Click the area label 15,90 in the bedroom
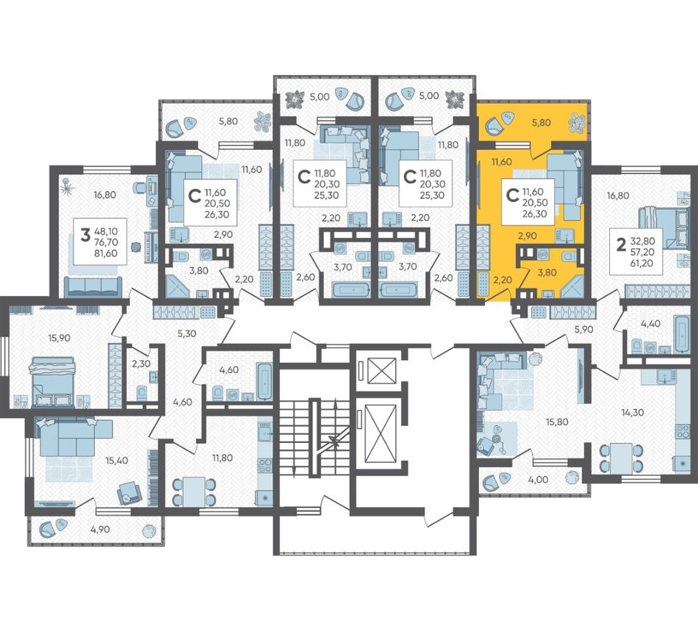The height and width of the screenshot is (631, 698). tap(60, 338)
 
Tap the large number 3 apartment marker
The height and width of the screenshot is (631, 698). tap(85, 234)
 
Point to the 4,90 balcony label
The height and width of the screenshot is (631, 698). tap(100, 530)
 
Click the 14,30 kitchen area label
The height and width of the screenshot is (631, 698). tap(633, 413)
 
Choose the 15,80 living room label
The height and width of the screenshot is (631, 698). tap(557, 422)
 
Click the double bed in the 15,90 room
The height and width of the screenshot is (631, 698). tap(51, 382)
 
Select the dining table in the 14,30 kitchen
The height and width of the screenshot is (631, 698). tap(621, 459)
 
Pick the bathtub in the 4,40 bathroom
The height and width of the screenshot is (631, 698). tap(682, 333)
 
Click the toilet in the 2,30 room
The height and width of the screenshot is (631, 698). tap(142, 392)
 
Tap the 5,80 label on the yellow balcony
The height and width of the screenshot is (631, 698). tap(542, 123)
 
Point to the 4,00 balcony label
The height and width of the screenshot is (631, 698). tap(538, 480)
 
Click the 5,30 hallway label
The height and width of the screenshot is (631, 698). tap(187, 333)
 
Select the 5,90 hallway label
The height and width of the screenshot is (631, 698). tap(585, 329)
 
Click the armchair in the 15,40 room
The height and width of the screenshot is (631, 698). tap(129, 493)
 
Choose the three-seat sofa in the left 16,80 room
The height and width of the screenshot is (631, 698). tap(93, 286)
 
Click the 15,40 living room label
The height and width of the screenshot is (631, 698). tap(117, 461)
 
